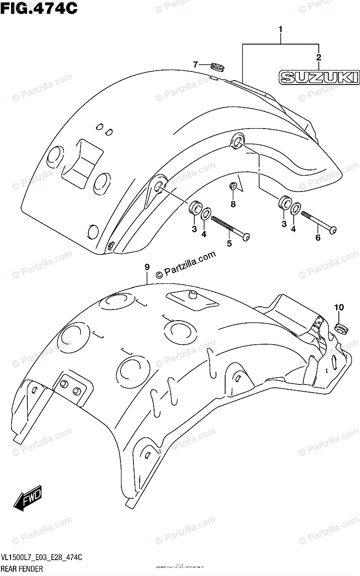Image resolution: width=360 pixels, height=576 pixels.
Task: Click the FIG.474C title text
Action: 40,8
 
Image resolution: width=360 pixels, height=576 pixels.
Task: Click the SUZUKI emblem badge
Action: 319,77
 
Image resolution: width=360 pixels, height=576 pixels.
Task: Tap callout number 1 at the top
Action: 281,32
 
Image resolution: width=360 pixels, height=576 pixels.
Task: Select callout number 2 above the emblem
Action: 317,58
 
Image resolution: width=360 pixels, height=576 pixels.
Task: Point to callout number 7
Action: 195,64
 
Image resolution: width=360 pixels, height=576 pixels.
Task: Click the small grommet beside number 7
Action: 217,67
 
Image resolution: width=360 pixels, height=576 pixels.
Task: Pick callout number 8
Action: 233,204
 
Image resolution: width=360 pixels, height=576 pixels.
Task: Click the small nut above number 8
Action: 233,186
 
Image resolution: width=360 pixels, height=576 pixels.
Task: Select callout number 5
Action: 229,243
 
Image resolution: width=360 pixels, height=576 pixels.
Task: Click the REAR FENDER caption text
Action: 23,569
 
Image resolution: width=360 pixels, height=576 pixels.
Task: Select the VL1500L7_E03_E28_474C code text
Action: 42,557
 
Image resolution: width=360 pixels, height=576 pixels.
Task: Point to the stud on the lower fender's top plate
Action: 193,294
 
